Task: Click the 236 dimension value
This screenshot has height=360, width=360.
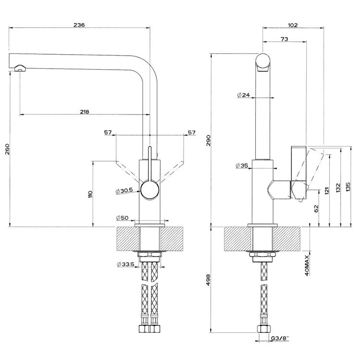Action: (x=79, y=24)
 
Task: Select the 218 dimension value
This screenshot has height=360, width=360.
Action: (x=84, y=112)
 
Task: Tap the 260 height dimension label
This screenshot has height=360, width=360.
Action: (x=7, y=149)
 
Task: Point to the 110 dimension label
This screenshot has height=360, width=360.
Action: (x=90, y=194)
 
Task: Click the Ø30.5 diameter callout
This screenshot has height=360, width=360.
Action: (x=124, y=191)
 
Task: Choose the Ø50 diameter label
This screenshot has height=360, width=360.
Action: (x=122, y=217)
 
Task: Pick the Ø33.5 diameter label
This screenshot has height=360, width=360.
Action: (x=126, y=264)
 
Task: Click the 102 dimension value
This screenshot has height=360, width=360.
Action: (x=293, y=25)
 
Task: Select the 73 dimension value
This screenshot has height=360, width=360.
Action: (x=284, y=39)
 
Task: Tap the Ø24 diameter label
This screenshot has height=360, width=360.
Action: (x=243, y=95)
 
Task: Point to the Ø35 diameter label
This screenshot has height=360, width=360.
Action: (x=242, y=165)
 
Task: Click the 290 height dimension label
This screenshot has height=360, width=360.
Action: (x=208, y=140)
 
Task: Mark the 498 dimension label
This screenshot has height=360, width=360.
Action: (x=208, y=280)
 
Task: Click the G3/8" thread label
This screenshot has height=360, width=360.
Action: (x=280, y=338)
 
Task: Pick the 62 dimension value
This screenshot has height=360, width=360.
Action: (x=316, y=208)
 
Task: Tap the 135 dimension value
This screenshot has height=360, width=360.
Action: (x=348, y=187)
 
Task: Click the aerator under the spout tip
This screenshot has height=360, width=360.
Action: (x=21, y=68)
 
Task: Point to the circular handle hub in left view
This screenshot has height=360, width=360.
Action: (x=150, y=190)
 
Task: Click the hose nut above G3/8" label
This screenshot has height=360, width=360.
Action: (x=264, y=328)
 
